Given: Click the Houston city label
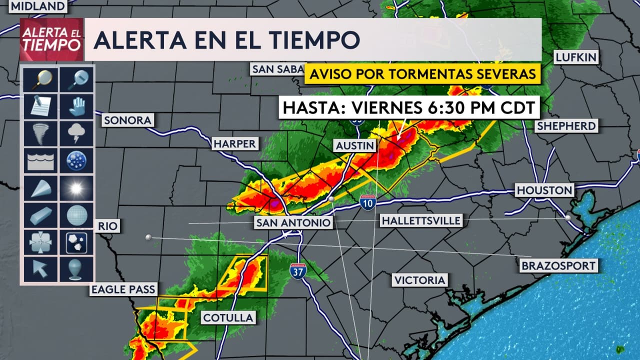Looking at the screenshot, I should click(544, 190).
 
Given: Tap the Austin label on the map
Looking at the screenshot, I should click(355, 146).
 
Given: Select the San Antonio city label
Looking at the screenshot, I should click(293, 222).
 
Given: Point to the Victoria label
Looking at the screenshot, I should click(419, 280).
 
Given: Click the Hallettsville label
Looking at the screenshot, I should click(420, 220).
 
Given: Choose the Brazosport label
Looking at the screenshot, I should click(558, 265).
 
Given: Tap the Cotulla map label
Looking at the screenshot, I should click(228, 317).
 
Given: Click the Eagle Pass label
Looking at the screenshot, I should click(123, 289).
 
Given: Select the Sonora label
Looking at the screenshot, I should click(127, 120).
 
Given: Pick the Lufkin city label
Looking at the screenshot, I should click(576, 57).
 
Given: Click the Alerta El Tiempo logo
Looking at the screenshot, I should click(50, 39).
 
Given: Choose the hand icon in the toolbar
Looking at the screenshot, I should click(76, 106).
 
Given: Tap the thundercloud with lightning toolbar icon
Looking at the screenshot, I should click(76, 133).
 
